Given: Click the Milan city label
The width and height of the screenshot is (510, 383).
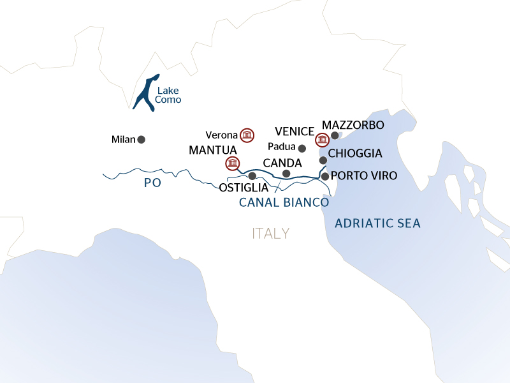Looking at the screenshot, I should coord(123,139).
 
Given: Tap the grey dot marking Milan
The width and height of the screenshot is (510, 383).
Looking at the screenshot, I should coord(141,139).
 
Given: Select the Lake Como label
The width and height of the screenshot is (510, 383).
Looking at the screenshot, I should coord(168,95).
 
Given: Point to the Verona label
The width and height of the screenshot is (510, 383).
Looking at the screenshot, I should coord(221,135).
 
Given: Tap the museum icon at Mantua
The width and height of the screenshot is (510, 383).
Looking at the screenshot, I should coord(233,162).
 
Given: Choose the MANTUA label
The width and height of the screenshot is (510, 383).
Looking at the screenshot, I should coord(213,150).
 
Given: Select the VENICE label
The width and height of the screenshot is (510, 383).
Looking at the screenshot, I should coord(295,131).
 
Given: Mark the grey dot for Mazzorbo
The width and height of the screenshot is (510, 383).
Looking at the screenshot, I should coord(335,135).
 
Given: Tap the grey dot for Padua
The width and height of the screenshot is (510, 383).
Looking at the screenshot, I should coord(302,148).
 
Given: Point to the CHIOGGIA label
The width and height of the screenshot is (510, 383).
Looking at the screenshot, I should coord(355,154).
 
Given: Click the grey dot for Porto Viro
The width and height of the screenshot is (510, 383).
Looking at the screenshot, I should coord(325,176).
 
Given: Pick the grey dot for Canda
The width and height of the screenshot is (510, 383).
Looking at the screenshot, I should coord(286,174).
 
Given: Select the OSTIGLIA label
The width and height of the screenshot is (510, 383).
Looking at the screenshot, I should coord(244,188).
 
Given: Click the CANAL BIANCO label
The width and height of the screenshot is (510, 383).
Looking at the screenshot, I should coord(284,202).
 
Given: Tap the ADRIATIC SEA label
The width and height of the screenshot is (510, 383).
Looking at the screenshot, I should coord(377,223).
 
